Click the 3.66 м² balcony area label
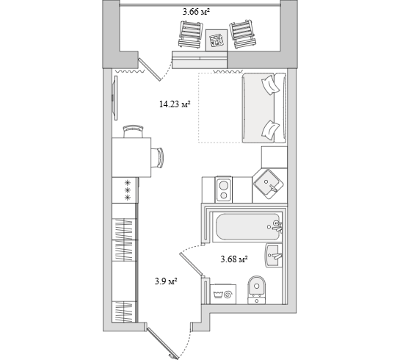point(196,12)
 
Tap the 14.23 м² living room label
point(175,104)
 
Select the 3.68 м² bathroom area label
point(234,259)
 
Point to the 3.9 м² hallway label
point(166,281)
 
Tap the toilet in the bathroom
point(257,289)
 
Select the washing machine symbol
point(223,294)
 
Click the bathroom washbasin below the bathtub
point(274,256)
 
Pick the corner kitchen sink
point(268,184)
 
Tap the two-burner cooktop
point(223,190)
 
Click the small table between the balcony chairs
point(217,40)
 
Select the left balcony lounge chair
point(191,35)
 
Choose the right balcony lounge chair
point(244,34)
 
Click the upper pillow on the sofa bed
point(270,84)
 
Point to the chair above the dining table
point(132,132)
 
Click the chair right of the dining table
point(157,158)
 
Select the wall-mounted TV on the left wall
point(114,98)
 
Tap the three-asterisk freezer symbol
point(127,190)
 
